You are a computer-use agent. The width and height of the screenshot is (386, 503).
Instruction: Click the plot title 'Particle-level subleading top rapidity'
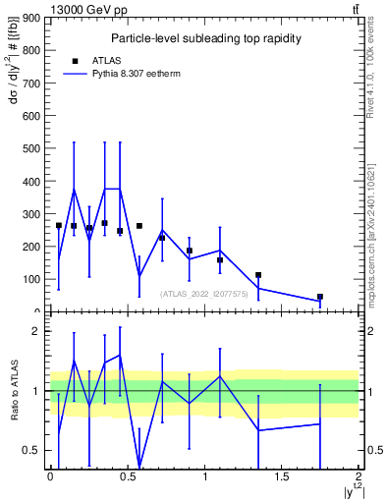point(205,38)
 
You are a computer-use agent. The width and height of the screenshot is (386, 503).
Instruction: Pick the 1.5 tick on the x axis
point(282,475)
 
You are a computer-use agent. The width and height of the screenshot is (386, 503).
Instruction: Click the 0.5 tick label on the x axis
point(128,475)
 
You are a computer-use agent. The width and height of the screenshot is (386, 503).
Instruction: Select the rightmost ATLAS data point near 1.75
point(320,297)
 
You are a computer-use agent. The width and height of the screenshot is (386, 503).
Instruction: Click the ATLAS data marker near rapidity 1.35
point(258,275)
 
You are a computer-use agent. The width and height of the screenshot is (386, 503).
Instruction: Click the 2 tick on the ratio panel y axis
point(35,331)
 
